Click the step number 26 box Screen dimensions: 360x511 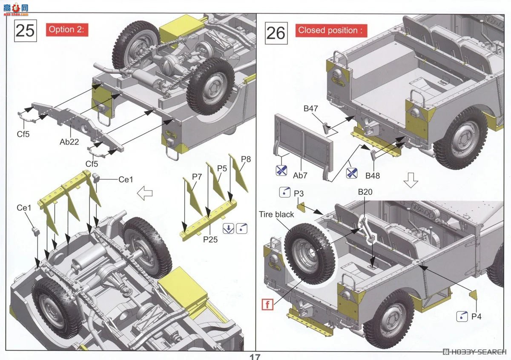(x=276, y=33)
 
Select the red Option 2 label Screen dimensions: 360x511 (x=67, y=30)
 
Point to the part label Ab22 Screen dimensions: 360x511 (x=69, y=142)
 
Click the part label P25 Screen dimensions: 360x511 (x=210, y=240)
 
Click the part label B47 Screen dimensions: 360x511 (x=311, y=109)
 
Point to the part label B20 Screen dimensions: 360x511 (x=365, y=192)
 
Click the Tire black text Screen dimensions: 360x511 (x=276, y=214)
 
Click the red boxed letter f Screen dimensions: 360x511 (x=267, y=304)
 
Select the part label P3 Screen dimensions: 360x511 (x=299, y=194)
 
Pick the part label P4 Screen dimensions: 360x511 (x=476, y=316)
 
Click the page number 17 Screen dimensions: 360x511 (x=255, y=357)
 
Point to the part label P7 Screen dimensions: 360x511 (x=196, y=176)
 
